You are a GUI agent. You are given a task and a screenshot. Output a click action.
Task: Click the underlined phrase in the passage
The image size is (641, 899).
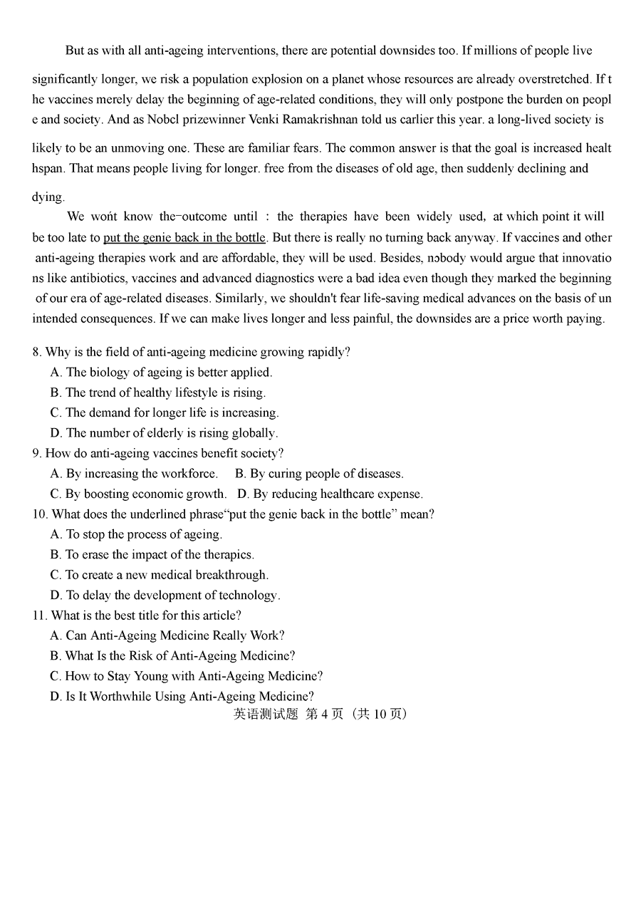click(x=184, y=237)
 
